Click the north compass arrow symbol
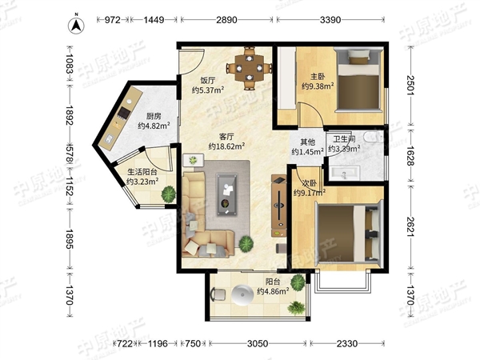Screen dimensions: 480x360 pos(76,26)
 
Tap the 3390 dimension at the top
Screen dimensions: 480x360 pos(330,20)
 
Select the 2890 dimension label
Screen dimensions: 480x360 pos(226,20)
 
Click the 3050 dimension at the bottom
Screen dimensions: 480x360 pos(258,343)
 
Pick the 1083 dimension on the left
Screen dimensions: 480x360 pos(69,64)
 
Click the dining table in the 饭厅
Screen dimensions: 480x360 pos(250,68)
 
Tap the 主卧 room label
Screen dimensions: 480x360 pos(318,76)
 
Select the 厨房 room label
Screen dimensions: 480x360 pos(154,116)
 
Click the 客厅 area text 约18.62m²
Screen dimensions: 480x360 pos(226,146)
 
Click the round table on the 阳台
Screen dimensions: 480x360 pos(244,295)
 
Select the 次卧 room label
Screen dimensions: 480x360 pos(310,183)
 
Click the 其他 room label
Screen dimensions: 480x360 pos(308,142)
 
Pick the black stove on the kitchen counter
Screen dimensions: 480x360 pos(124,112)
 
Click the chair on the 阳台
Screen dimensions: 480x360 pos(218,294)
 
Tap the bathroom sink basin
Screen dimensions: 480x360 pos(344,174)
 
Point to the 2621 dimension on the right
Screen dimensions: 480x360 pos(410,226)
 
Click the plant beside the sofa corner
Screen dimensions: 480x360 pos(246,244)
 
